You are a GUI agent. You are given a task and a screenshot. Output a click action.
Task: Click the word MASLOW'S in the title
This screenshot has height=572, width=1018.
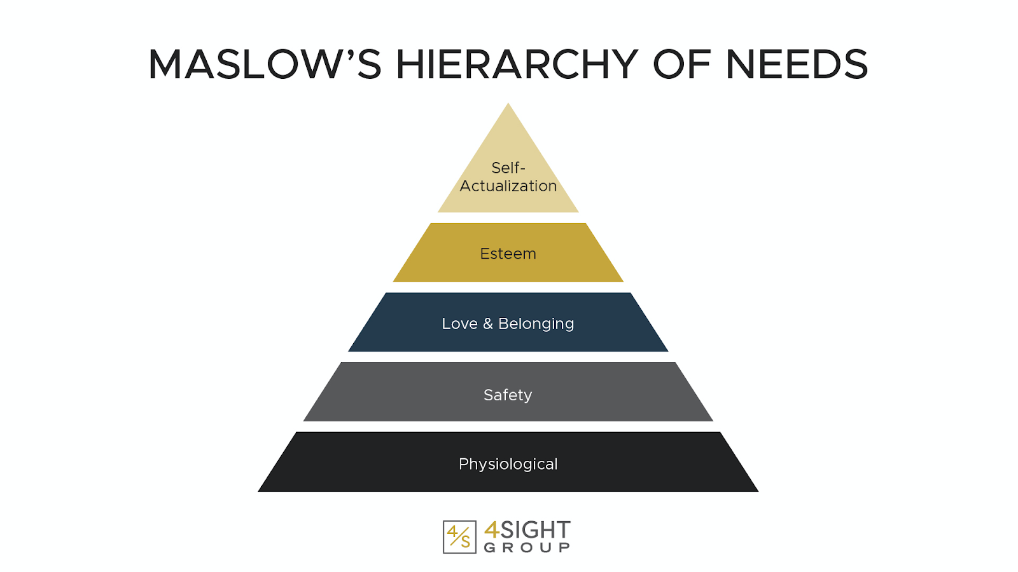[264, 65]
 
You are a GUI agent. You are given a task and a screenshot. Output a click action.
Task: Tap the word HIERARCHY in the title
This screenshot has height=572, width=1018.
[517, 65]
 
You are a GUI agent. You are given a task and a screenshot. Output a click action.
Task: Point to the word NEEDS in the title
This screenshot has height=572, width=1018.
[797, 65]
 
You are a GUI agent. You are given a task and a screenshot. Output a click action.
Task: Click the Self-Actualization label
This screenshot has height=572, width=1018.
[508, 177]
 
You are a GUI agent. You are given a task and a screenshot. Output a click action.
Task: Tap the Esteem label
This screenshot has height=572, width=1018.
[508, 254]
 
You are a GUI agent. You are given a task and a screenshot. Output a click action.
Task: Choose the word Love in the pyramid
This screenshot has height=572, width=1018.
[459, 323]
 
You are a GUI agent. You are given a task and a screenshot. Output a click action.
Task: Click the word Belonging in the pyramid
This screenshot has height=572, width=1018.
[536, 324]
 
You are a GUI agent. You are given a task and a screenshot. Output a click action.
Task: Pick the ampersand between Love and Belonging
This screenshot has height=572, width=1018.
[488, 323]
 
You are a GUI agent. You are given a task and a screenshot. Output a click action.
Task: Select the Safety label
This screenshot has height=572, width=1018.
[508, 395]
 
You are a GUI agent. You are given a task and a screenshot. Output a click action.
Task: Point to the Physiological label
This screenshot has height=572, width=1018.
[508, 464]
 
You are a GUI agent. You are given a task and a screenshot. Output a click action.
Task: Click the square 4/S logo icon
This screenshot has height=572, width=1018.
[459, 537]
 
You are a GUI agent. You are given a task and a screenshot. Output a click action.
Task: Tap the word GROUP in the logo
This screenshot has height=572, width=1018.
[527, 548]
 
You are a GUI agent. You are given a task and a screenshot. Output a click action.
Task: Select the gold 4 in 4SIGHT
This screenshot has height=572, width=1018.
[492, 529]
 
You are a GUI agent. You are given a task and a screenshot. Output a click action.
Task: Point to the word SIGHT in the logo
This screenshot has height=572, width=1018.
[536, 529]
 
